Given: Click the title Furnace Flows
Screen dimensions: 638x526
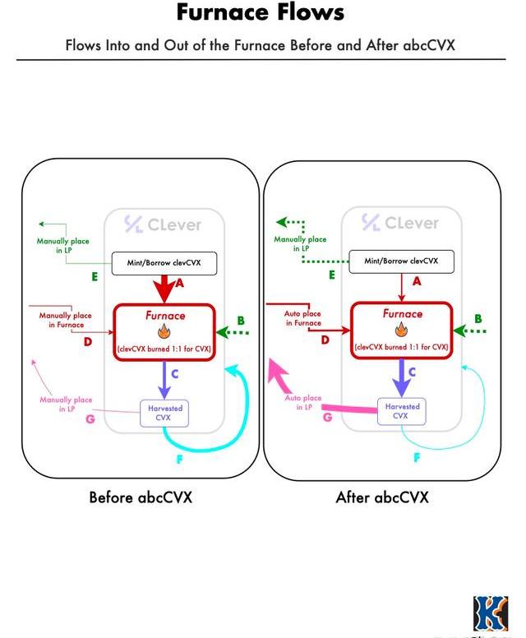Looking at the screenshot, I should [260, 14].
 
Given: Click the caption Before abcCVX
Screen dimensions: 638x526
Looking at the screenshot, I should [141, 497].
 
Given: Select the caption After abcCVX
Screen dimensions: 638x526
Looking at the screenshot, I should [382, 497].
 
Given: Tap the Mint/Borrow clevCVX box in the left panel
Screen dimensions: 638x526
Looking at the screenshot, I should [164, 263].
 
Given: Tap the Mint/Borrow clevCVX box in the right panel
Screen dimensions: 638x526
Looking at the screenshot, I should [401, 261].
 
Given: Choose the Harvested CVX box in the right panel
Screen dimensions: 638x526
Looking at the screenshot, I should [401, 411].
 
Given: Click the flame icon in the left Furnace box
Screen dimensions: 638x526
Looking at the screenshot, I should [164, 331].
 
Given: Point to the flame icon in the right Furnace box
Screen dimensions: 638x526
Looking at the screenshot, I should [401, 330].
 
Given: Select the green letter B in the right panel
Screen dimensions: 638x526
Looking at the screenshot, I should [478, 318].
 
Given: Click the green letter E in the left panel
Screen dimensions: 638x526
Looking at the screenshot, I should [95, 277].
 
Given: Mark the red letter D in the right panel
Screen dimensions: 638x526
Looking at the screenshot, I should [325, 339].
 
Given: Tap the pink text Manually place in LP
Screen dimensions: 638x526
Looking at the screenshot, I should [62, 404].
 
